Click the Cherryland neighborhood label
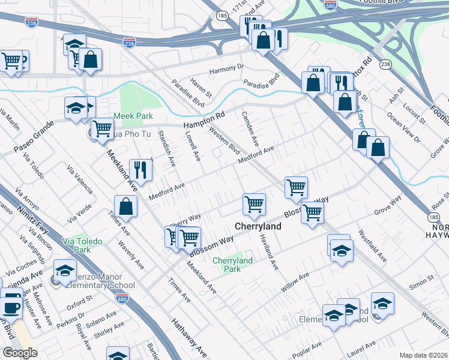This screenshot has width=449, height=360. point(258,227)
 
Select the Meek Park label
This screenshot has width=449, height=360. point(133,116)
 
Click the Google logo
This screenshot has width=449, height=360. point(20,352)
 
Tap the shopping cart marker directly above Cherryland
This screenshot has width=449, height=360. point(254,204)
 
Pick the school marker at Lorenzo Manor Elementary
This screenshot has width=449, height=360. point(65,272)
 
